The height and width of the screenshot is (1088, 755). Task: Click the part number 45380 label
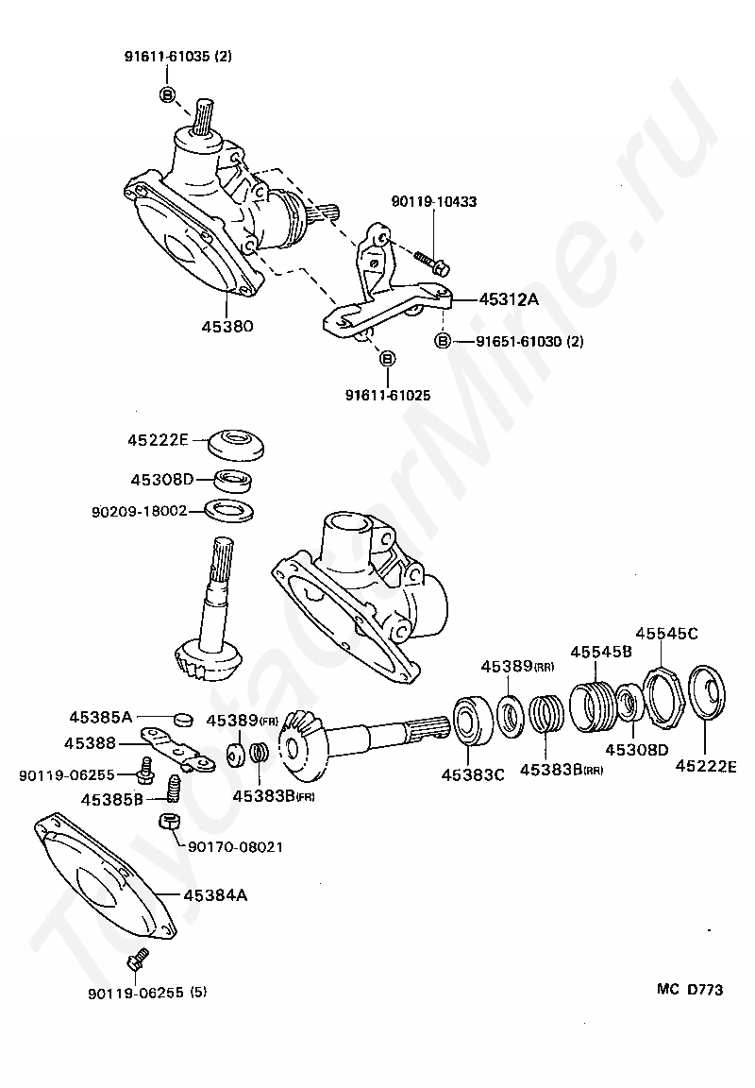[226, 327]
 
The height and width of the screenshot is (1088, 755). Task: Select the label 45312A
[508, 299]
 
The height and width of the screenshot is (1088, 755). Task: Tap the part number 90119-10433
[434, 202]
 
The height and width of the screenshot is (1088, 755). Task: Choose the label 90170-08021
[242, 847]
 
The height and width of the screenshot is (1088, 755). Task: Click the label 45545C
[666, 633]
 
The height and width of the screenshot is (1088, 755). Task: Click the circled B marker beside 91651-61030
[443, 341]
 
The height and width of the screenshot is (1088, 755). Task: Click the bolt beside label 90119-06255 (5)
[134, 963]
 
